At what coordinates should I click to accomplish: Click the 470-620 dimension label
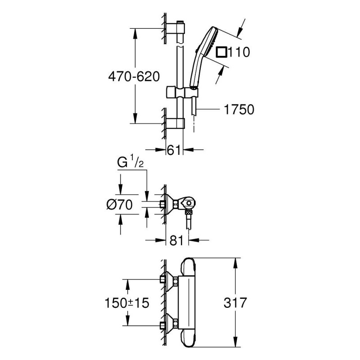coord(134,76)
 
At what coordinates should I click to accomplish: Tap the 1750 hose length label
coord(239,109)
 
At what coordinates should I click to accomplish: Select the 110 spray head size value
coord(239,52)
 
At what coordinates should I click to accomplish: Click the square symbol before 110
coord(221,52)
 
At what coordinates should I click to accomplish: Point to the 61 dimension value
coord(174,150)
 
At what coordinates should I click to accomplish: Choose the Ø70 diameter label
coord(120,204)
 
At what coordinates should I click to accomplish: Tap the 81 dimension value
coord(176,241)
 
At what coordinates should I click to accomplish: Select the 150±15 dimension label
coord(127,303)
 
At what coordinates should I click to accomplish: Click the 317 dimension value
coord(235,302)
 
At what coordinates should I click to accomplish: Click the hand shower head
coord(204,58)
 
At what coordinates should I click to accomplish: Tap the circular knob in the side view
coord(189,203)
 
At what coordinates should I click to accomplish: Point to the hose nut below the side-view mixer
coord(189,212)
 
